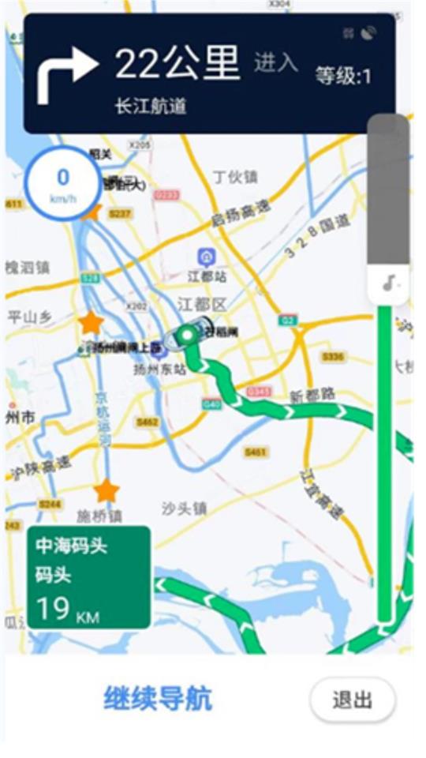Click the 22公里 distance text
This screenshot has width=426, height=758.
pyautogui.click(x=177, y=63)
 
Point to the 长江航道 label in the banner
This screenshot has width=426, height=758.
pyautogui.click(x=150, y=106)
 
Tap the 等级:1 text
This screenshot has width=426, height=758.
pyautogui.click(x=343, y=77)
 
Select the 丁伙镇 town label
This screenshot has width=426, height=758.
pyautogui.click(x=235, y=177)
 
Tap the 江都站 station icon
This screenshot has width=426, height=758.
pyautogui.click(x=206, y=257)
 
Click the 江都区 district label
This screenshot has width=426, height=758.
pyautogui.click(x=201, y=305)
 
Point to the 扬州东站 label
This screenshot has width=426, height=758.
pyautogui.click(x=159, y=369)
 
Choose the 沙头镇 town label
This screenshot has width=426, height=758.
pyautogui.click(x=184, y=508)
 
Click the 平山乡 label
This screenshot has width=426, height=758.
pyautogui.click(x=29, y=317)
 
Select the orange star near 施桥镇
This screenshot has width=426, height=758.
pyautogui.click(x=106, y=491)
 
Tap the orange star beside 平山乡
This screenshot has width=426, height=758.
pyautogui.click(x=92, y=322)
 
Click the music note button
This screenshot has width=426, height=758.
pyautogui.click(x=389, y=283)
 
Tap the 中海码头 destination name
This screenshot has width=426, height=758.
pyautogui.click(x=71, y=546)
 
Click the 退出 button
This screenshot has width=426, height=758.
pyautogui.click(x=352, y=700)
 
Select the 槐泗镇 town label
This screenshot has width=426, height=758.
pyautogui.click(x=27, y=267)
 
